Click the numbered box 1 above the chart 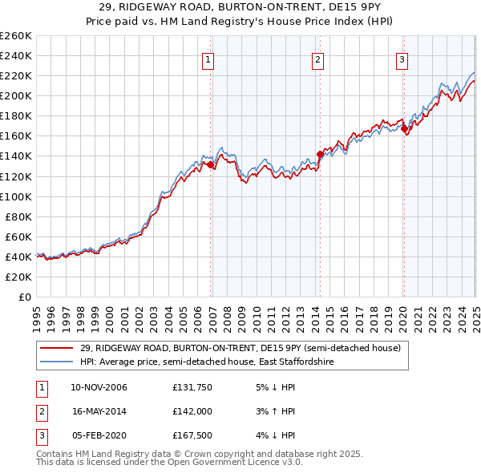tap(208, 59)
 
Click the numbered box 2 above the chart tap(318, 59)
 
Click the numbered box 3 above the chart tap(402, 59)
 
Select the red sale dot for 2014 tap(320, 154)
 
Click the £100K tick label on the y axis tap(16, 196)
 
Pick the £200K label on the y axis tap(16, 95)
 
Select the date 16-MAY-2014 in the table tap(99, 411)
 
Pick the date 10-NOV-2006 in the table tap(99, 388)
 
